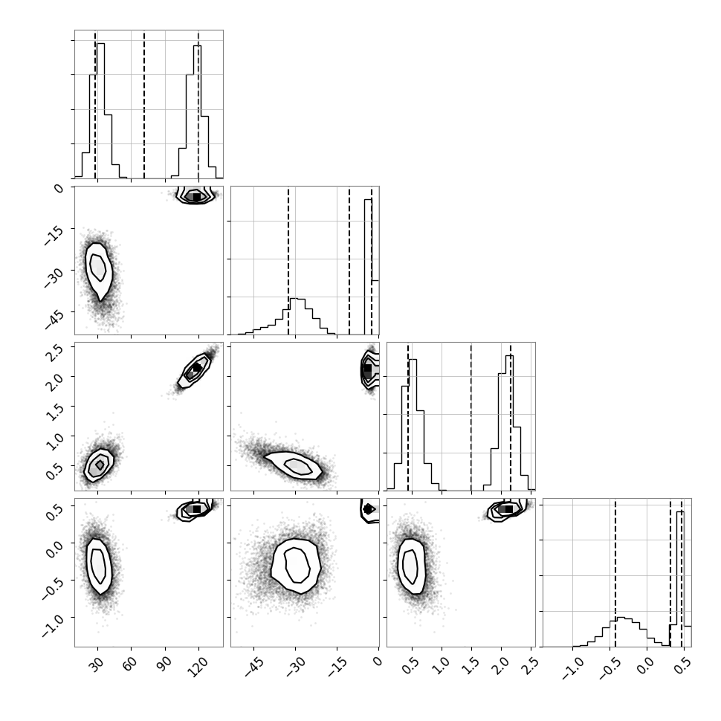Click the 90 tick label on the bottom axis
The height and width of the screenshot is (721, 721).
164,664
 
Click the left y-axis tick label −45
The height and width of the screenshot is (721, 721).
55,320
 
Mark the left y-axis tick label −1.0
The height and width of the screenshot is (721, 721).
54,625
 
